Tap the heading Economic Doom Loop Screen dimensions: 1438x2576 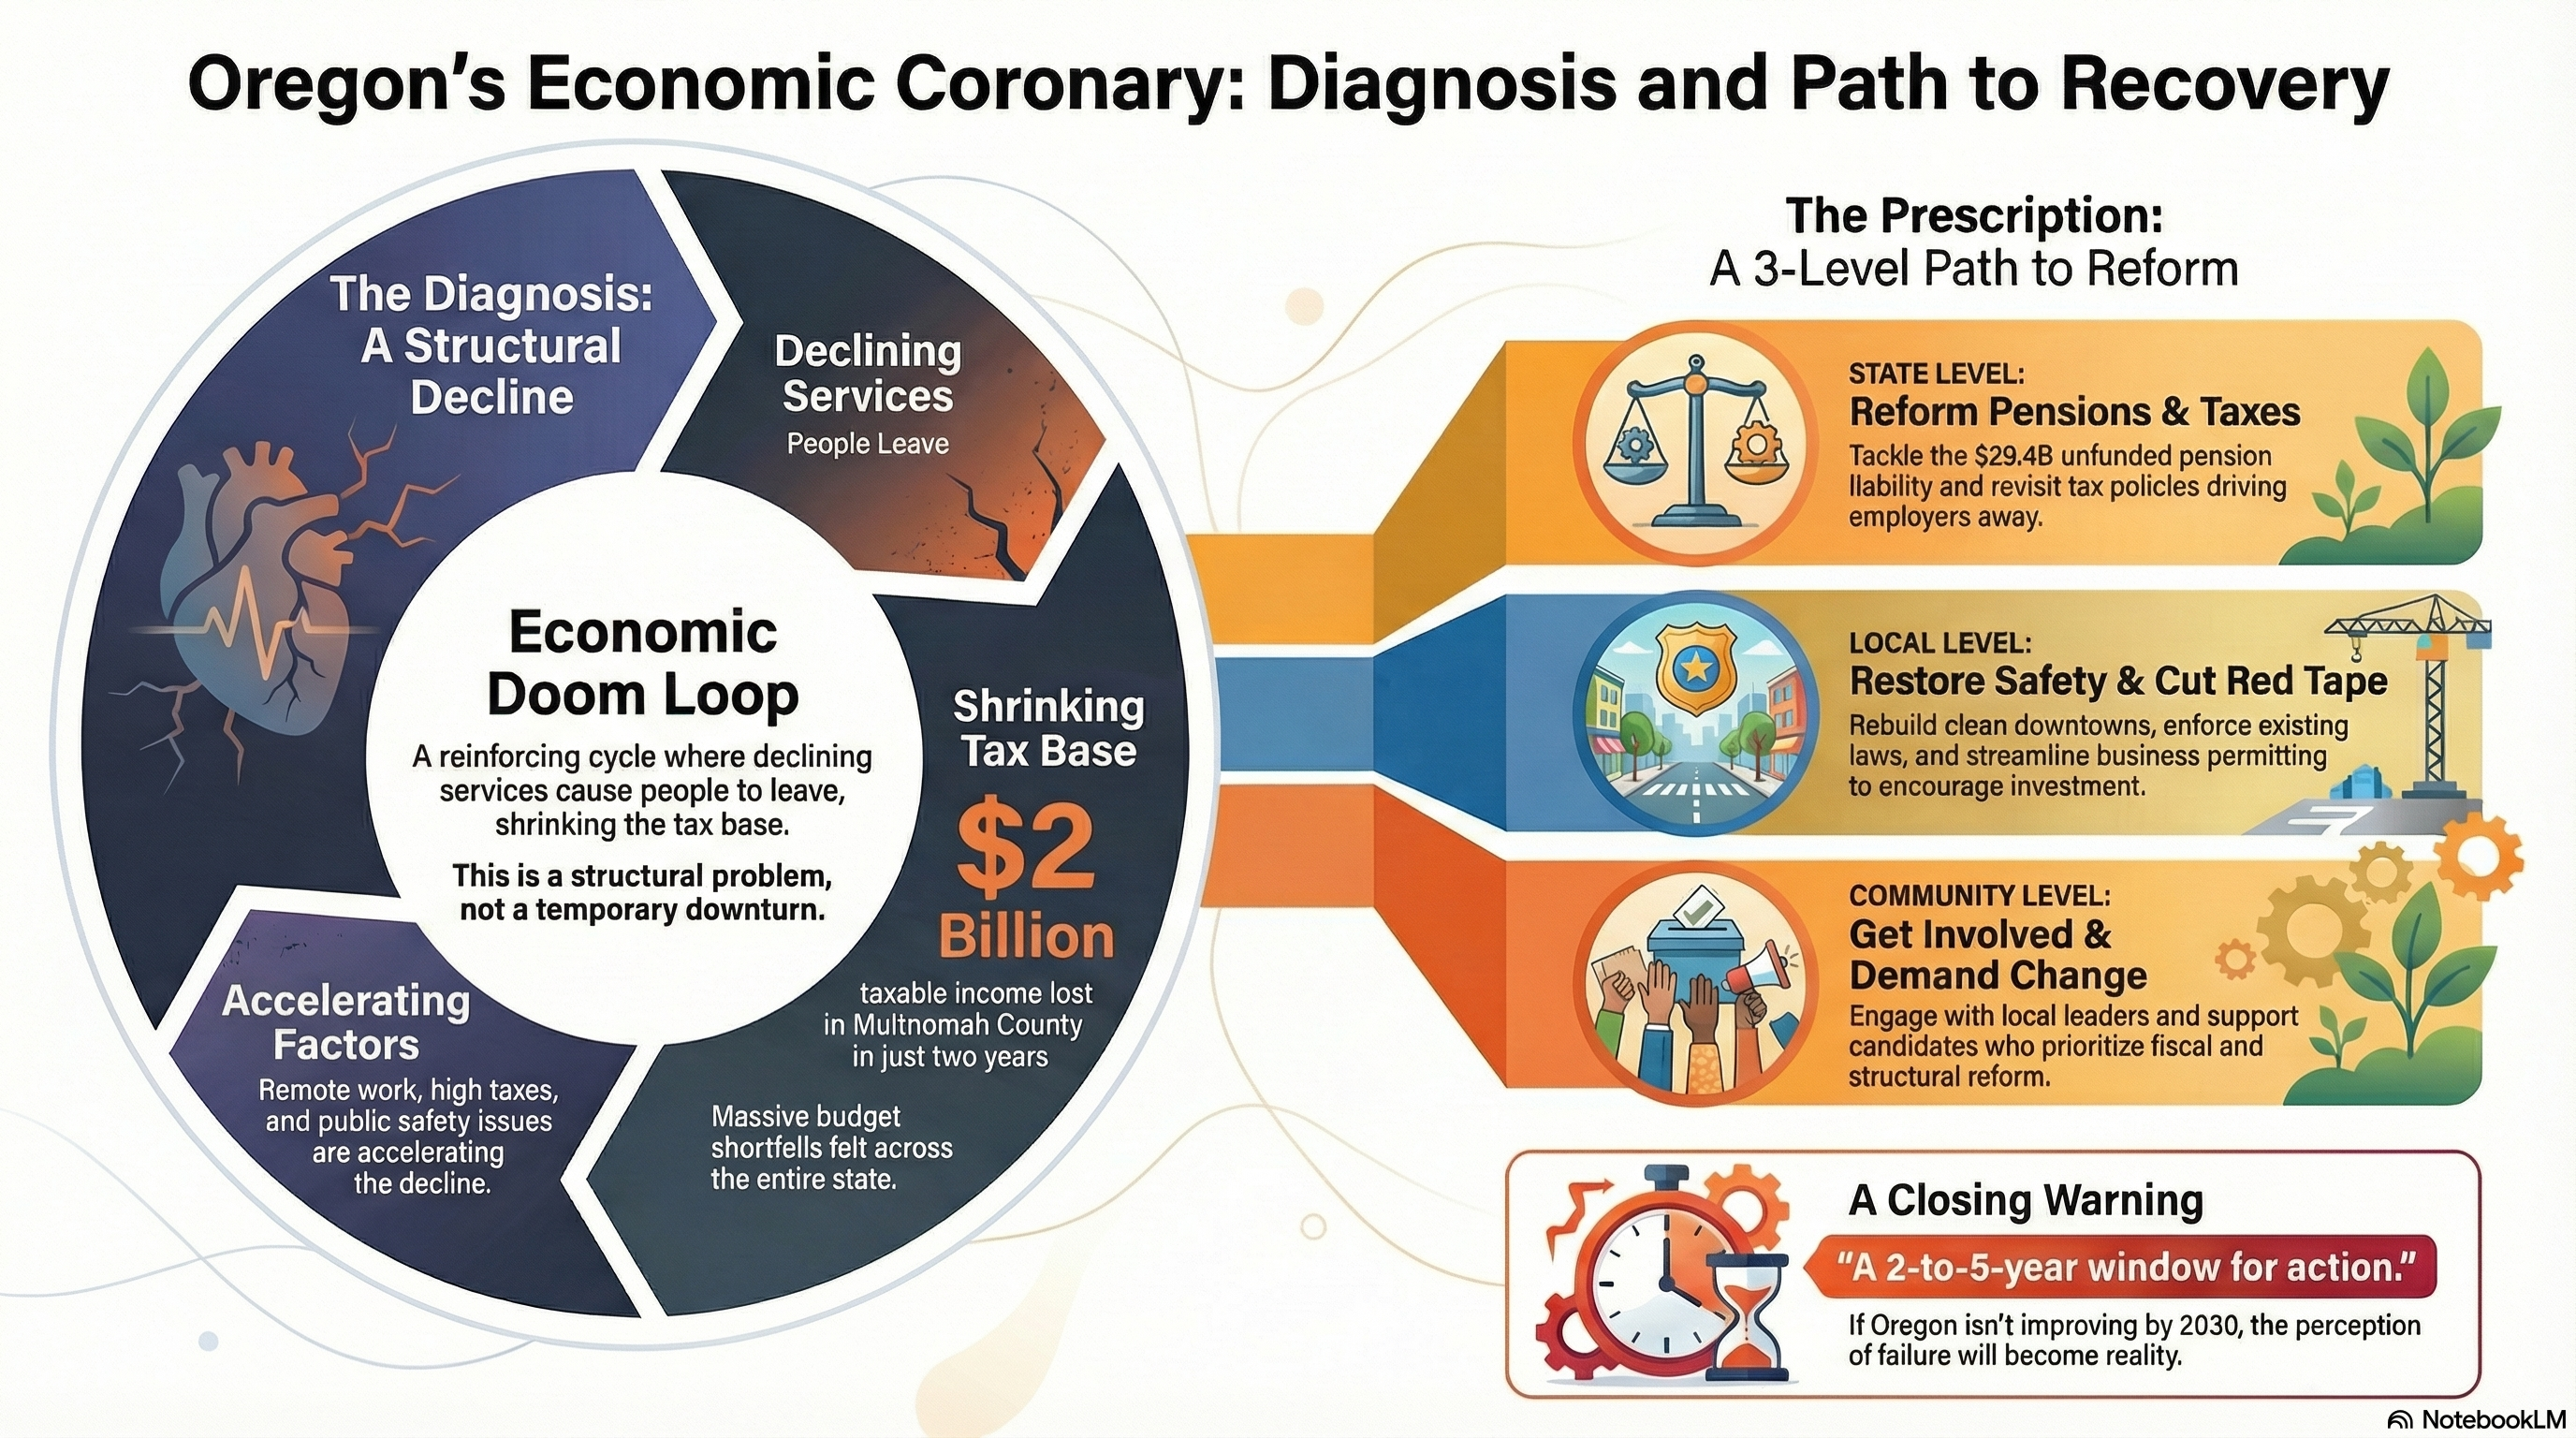click(643, 663)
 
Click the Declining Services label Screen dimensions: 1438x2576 click(867, 373)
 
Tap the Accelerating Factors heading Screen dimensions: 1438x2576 click(346, 1022)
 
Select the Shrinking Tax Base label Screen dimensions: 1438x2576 click(1048, 728)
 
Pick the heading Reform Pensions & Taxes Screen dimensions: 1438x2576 click(2074, 411)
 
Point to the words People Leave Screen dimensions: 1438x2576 click(867, 443)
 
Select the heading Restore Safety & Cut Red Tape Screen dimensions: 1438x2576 click(2118, 681)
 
